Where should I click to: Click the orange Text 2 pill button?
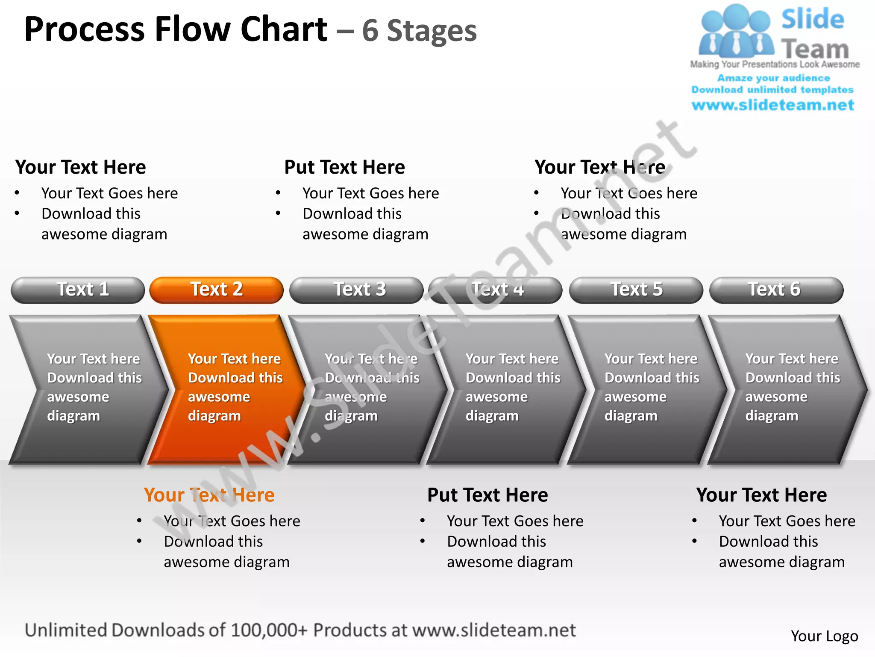point(216,290)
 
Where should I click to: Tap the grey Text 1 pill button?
point(78,290)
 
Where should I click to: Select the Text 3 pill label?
point(360,290)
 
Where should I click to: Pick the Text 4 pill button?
point(496,290)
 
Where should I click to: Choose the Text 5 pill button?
point(636,290)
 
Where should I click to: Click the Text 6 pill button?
point(776,290)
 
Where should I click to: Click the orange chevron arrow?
point(226,389)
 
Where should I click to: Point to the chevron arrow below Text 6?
point(786,389)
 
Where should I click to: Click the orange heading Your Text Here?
point(209,495)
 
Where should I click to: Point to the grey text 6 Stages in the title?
point(419,31)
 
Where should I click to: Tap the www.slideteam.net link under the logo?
point(772,105)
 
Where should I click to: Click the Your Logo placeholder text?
point(824,636)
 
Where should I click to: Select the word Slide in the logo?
point(813,19)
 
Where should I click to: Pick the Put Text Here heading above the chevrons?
point(344,167)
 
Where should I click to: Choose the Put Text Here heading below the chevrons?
point(487,495)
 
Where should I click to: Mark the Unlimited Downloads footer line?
point(300,630)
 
